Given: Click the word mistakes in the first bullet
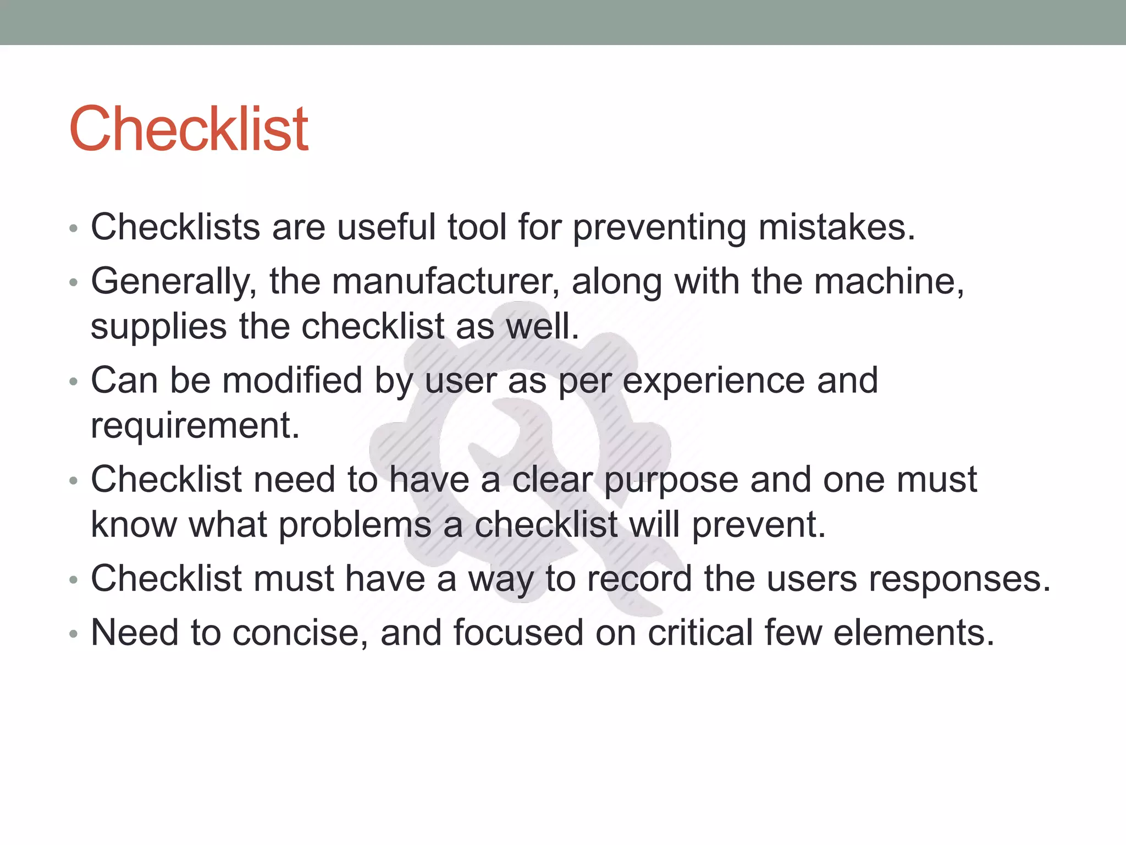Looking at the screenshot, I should pos(836,228).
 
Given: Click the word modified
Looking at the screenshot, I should pos(292,381).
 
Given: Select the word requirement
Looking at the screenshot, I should pos(195,425).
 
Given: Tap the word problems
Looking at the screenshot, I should pos(355,525).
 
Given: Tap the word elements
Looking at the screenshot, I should pos(914,633).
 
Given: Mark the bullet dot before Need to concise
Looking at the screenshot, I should pos(74,634).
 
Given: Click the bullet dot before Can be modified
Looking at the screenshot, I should pos(74,382).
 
